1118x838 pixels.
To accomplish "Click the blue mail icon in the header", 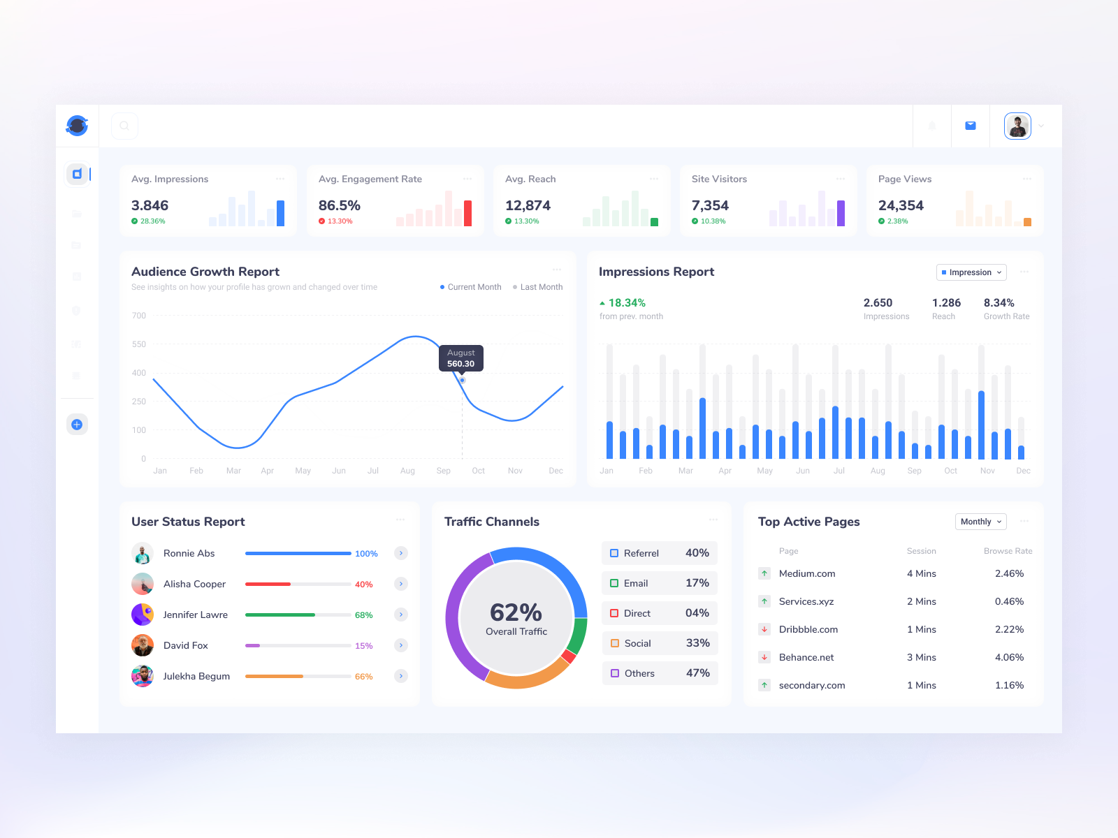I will pyautogui.click(x=971, y=126).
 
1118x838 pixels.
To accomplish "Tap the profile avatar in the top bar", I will pyautogui.click(x=1017, y=126).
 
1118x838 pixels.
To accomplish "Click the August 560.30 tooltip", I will pyautogui.click(x=461, y=358).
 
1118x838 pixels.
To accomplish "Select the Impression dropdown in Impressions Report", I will pyautogui.click(x=971, y=272).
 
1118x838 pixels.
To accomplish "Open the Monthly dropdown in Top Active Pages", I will pyautogui.click(x=980, y=522).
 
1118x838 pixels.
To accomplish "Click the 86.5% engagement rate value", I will pyautogui.click(x=340, y=205).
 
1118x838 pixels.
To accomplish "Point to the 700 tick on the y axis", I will pyautogui.click(x=139, y=316).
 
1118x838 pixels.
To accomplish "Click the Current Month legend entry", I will pyautogui.click(x=471, y=287).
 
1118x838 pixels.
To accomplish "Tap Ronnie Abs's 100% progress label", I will pyautogui.click(x=366, y=554).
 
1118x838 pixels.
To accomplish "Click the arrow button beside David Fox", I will pyautogui.click(x=401, y=645).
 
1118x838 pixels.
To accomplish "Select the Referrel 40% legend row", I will pyautogui.click(x=659, y=553).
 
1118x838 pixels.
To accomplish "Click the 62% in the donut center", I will pyautogui.click(x=516, y=612).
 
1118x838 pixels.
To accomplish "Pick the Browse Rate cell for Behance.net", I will pyautogui.click(x=1009, y=657).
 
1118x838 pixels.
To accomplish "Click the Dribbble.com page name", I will pyautogui.click(x=808, y=629).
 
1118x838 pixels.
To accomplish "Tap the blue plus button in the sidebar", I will pyautogui.click(x=77, y=425).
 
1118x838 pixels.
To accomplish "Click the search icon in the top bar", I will pyautogui.click(x=124, y=126).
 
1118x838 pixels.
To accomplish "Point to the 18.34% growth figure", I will pyautogui.click(x=626, y=303).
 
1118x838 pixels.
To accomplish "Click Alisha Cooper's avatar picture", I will pyautogui.click(x=143, y=584).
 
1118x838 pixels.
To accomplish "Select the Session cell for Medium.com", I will pyautogui.click(x=921, y=573).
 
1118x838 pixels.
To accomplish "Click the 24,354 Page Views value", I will pyautogui.click(x=901, y=205).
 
